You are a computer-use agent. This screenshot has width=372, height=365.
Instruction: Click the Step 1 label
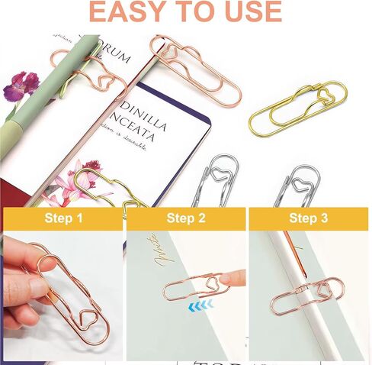tap(63, 220)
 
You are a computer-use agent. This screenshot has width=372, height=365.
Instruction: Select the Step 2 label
tap(186, 220)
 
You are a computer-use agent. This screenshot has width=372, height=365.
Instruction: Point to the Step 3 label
tap(308, 220)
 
